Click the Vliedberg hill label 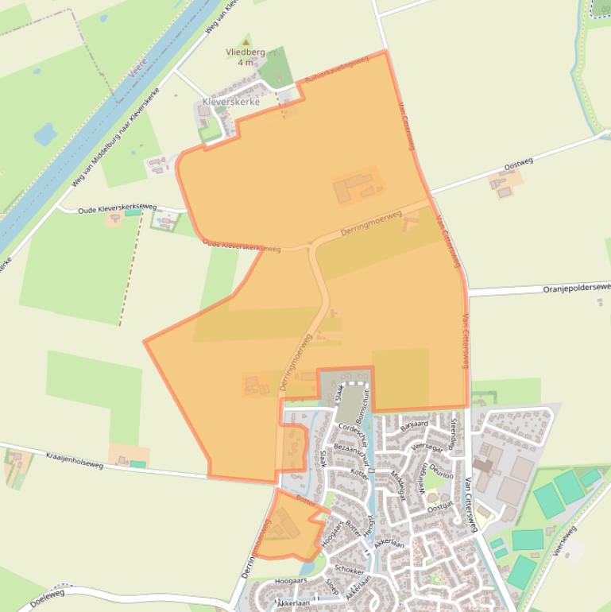click(245, 52)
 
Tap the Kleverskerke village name click(231, 103)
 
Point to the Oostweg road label click(518, 164)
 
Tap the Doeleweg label click(47, 598)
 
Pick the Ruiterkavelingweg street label click(337, 70)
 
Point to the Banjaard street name click(415, 424)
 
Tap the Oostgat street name click(439, 506)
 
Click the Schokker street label click(349, 570)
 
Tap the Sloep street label click(331, 587)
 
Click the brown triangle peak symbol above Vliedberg click(246, 41)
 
